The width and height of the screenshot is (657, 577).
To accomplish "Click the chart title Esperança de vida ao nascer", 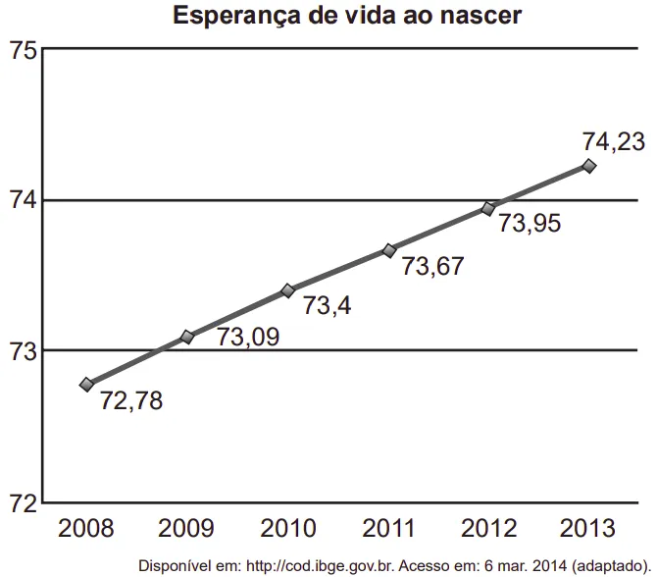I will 347,17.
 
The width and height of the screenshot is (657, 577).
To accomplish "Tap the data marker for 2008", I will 87,384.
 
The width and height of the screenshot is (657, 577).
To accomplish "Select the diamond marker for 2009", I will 188,337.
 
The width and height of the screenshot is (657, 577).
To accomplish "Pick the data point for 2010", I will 288,290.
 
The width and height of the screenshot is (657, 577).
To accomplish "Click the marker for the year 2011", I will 389,250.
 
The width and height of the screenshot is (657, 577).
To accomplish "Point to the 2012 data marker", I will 488,208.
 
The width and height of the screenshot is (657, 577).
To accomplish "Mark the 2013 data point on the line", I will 589,166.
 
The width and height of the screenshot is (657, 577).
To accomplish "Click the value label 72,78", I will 131,400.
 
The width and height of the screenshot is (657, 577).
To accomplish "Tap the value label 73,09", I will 248,338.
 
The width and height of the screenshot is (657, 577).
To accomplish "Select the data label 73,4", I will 327,306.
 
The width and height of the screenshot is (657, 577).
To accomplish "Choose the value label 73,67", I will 432,266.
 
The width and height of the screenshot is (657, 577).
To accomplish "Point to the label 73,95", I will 530,224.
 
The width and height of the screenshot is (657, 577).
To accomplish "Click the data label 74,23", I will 613,141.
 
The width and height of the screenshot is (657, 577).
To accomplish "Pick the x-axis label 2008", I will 86,529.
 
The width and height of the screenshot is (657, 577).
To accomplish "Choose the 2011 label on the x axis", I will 389,529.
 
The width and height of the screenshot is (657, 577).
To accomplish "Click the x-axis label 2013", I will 589,529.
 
